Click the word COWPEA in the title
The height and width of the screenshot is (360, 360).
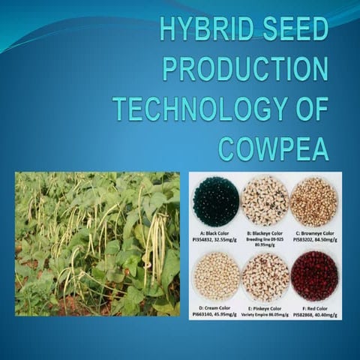273,148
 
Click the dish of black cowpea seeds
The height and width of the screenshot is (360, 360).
215,201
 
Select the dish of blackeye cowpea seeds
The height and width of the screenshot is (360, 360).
265,201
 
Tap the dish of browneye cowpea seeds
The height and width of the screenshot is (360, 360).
313,201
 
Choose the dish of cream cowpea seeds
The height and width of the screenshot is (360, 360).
215,275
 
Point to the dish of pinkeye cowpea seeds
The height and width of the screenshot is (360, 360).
265,275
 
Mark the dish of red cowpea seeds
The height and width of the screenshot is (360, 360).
313,275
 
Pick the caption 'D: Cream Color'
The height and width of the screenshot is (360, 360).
215,306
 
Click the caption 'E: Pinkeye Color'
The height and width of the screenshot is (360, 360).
265,306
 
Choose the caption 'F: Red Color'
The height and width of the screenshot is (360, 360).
313,306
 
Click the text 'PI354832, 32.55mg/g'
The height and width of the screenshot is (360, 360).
215,238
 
